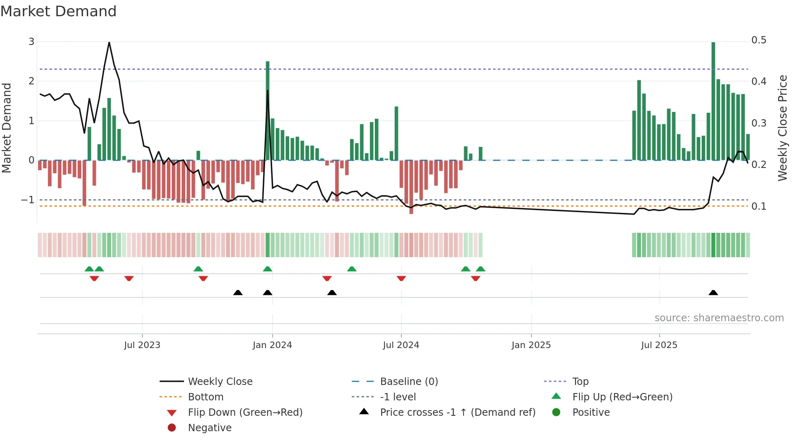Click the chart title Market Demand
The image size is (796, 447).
click(58, 11)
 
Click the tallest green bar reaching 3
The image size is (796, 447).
click(713, 101)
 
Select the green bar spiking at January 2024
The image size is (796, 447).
click(268, 110)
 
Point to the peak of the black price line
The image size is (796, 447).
click(109, 43)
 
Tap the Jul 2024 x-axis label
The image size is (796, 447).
click(401, 345)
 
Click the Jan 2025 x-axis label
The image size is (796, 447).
click(531, 345)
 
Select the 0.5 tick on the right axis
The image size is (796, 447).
click(759, 40)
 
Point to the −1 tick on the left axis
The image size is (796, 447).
click(28, 200)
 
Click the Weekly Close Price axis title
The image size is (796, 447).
click(782, 128)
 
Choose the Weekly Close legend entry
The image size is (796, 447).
click(220, 381)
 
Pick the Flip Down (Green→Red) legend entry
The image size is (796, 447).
click(245, 412)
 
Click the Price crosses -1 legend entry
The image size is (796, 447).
click(457, 412)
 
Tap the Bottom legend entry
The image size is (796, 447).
click(205, 397)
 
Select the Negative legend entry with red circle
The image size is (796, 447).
click(210, 428)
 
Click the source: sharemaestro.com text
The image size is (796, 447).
click(719, 318)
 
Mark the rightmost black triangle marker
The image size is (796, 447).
click(713, 292)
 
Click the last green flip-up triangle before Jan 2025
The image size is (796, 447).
click(480, 269)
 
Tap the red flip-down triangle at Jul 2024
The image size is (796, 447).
click(401, 278)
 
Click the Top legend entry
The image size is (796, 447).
click(580, 381)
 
